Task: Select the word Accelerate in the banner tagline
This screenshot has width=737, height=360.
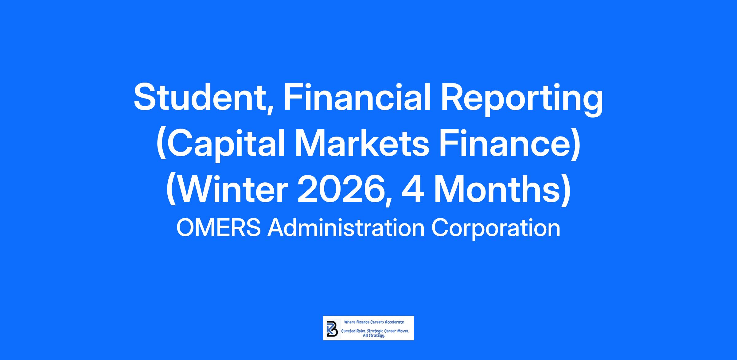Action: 395,322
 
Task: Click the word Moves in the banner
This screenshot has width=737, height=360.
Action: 402,332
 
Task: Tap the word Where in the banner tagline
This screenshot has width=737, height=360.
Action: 349,322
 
